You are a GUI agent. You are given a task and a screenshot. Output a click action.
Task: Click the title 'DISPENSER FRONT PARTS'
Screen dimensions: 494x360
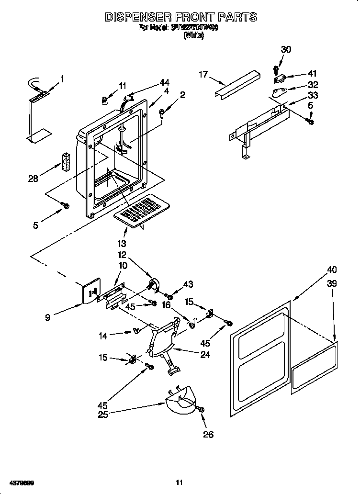(180, 17)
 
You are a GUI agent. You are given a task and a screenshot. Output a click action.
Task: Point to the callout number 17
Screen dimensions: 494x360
(203, 74)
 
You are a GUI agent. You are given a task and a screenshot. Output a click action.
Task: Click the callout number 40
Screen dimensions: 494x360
(332, 269)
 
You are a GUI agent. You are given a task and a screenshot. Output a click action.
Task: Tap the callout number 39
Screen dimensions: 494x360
(332, 283)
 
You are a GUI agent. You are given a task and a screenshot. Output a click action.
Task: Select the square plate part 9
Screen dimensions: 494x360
(91, 291)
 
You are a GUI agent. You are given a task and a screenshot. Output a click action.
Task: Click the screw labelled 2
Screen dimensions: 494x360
(162, 113)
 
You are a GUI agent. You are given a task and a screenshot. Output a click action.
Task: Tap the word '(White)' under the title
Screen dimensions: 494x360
(193, 35)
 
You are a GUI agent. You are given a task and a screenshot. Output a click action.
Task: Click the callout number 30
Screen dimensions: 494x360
(286, 49)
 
